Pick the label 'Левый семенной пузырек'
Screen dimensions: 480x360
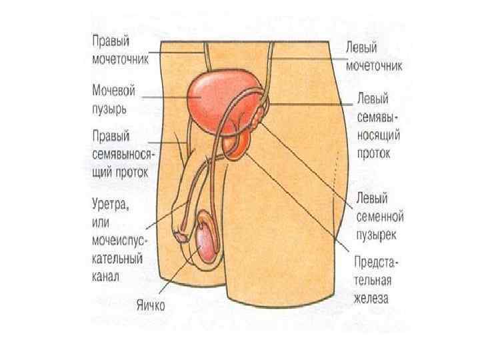(x=377, y=217)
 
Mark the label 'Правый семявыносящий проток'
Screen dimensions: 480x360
(x=119, y=153)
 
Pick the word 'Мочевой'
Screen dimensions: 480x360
(x=115, y=88)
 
